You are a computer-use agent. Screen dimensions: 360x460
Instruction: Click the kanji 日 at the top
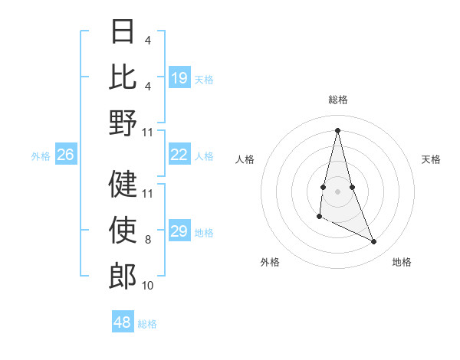[x=123, y=32]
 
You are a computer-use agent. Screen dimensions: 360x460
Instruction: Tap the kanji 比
[x=123, y=77]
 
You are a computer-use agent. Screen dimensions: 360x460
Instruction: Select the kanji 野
[x=123, y=123]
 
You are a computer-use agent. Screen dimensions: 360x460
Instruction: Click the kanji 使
[x=123, y=228]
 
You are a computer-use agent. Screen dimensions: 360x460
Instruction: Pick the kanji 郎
[x=123, y=274]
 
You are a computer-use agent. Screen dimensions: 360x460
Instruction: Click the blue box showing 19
[x=179, y=78]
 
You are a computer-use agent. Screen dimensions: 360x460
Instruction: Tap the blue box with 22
[x=179, y=155]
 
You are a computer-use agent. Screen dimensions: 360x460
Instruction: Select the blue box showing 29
[x=179, y=232]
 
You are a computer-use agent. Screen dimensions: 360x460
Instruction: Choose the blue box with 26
[x=66, y=155]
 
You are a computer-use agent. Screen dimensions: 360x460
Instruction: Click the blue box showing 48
[x=123, y=322]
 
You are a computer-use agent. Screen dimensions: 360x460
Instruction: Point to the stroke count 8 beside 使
[x=148, y=241]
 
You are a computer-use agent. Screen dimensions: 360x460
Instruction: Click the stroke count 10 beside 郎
[x=148, y=286]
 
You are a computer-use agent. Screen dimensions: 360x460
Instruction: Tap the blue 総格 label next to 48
[x=147, y=323]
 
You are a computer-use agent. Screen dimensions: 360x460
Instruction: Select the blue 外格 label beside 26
[x=41, y=156]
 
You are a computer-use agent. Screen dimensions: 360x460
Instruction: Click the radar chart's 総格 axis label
[x=337, y=100]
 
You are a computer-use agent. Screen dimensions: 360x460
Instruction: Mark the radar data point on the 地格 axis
[x=374, y=242]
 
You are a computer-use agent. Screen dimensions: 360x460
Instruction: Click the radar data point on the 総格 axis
[x=337, y=130]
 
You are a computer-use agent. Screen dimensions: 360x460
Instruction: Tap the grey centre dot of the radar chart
[x=337, y=191]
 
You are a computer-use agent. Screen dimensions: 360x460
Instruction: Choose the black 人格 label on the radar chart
[x=245, y=159]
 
